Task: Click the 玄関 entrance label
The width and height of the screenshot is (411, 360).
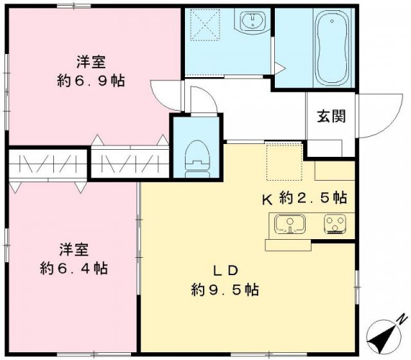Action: (331, 116)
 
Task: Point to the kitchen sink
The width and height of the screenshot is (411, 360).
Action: (290, 224)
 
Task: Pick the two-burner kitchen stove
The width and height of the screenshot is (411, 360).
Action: (335, 224)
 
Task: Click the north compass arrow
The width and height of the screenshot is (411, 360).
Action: (384, 332)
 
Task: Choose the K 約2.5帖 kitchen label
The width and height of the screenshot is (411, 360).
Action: (304, 198)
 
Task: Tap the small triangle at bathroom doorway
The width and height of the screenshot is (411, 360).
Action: (279, 66)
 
